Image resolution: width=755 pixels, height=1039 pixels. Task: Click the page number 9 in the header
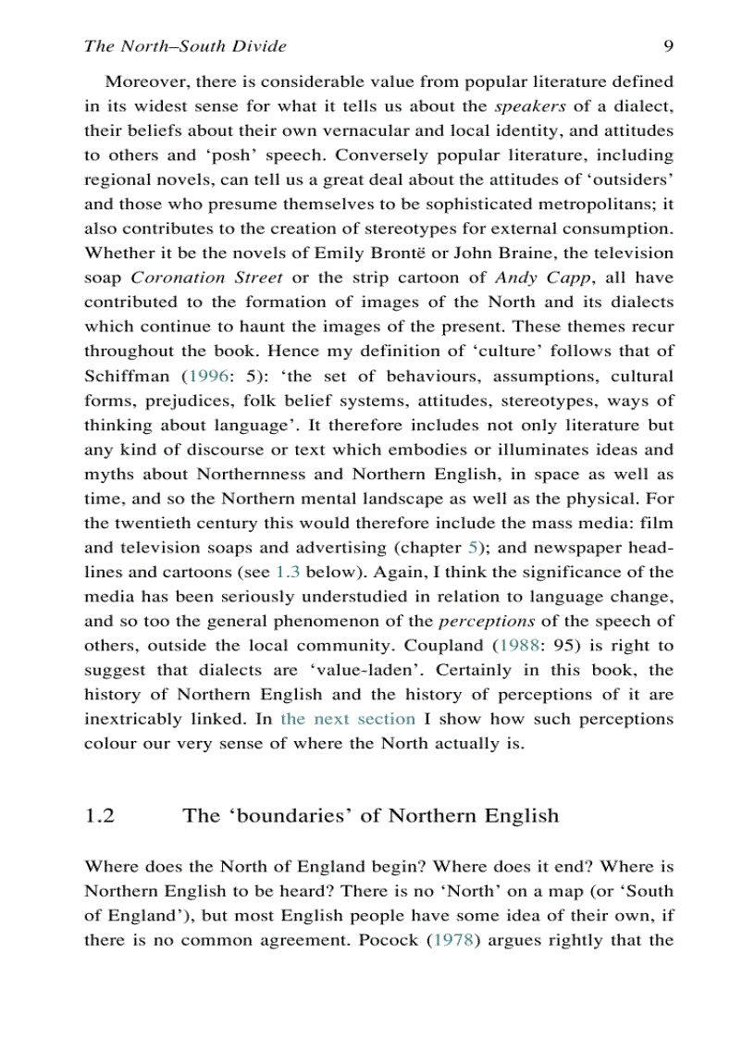667,46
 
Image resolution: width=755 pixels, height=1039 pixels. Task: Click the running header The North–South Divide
185,46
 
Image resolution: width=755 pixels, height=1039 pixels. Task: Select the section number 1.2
99,815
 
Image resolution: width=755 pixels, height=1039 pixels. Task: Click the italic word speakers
530,106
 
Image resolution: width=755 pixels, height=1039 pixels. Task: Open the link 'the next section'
348,719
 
